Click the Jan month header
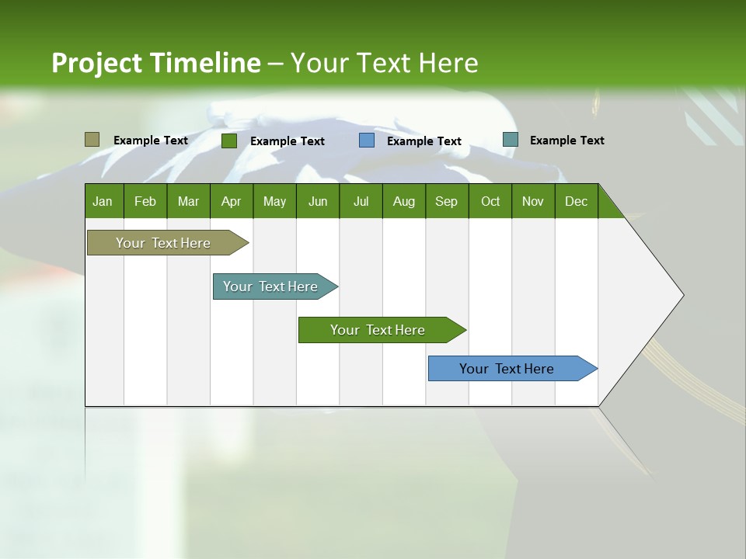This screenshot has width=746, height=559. [103, 201]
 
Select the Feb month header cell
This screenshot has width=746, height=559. [145, 201]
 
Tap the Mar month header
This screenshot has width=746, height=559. [188, 201]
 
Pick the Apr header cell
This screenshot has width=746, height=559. [232, 201]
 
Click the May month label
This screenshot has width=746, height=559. [274, 201]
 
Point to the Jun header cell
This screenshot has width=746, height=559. [318, 201]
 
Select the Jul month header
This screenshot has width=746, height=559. [361, 201]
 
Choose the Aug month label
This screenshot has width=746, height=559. [404, 201]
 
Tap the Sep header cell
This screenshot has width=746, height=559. [447, 201]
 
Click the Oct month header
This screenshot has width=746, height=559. [490, 201]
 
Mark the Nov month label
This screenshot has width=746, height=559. [533, 201]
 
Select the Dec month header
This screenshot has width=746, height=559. [577, 201]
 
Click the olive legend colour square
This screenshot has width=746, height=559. [92, 140]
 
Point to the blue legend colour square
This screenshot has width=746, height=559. [367, 141]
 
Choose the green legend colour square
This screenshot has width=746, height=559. [229, 141]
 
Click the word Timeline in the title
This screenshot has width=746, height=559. [205, 63]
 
